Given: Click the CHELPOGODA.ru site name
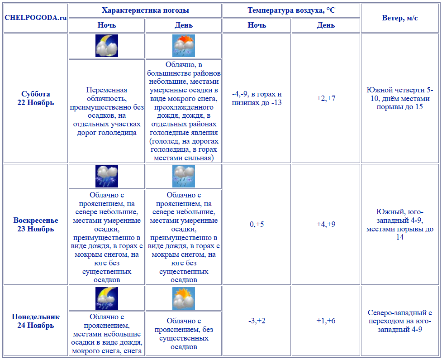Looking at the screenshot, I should (x=35, y=18).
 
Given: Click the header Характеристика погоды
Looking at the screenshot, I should (x=145, y=10).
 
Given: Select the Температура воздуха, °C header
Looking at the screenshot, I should (x=291, y=10).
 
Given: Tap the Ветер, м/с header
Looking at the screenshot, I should (x=399, y=18).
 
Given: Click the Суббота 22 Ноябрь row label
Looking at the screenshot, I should (x=36, y=98).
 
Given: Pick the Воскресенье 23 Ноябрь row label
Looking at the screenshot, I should (x=36, y=225).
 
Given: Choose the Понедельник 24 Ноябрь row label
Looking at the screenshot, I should (x=36, y=321).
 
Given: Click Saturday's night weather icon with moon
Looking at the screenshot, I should (x=107, y=46).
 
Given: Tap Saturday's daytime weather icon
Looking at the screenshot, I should (x=184, y=46).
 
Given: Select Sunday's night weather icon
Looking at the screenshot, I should (x=107, y=176).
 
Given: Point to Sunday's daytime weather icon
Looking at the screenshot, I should (x=184, y=176).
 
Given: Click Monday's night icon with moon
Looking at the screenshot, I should (x=107, y=298).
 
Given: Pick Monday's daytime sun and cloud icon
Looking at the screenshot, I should (x=184, y=298).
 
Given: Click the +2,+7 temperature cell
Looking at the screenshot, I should (x=326, y=98).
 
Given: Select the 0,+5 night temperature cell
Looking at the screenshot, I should (x=257, y=224).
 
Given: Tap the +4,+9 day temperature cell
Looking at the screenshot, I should (x=326, y=224).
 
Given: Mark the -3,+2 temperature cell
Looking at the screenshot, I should (x=257, y=321).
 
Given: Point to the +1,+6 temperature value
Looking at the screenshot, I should (x=326, y=321).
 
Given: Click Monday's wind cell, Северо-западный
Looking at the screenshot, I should (x=399, y=321).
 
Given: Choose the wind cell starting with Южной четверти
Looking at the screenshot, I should (x=399, y=98).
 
